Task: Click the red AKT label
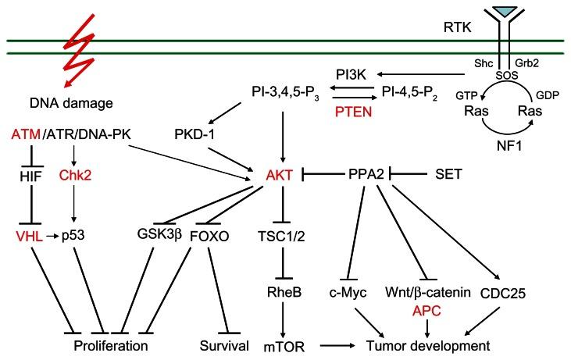pyautogui.click(x=280, y=176)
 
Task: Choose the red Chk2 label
pyautogui.click(x=75, y=176)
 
